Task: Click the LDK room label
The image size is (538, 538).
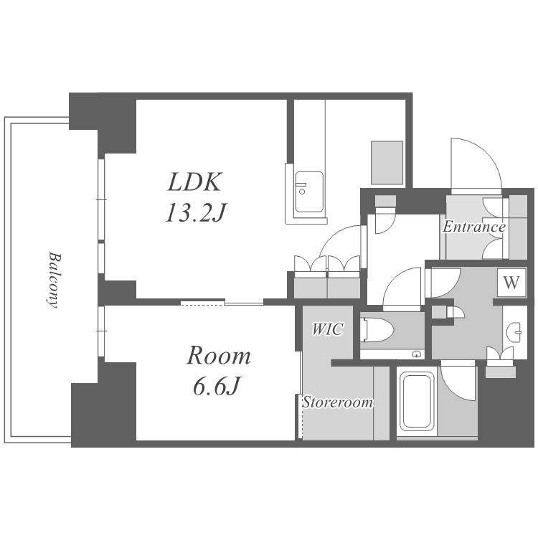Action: (x=194, y=181)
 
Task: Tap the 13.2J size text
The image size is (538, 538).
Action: (x=195, y=213)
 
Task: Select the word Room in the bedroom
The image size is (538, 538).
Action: (x=219, y=356)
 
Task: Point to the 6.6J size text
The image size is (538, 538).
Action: (x=216, y=386)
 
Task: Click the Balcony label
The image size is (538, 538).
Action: (x=53, y=280)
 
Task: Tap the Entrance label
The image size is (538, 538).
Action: (x=474, y=227)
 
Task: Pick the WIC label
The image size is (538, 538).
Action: (x=327, y=329)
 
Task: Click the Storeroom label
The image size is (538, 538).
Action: (x=338, y=402)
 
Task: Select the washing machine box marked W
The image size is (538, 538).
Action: (x=511, y=283)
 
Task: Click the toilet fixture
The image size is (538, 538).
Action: (x=377, y=330)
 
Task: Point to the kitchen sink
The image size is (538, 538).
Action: (x=309, y=192)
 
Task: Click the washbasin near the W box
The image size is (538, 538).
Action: (x=514, y=333)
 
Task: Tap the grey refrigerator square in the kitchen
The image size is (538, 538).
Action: (x=387, y=163)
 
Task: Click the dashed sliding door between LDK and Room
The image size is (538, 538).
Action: (x=202, y=303)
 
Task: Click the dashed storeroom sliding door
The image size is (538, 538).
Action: (x=301, y=416)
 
